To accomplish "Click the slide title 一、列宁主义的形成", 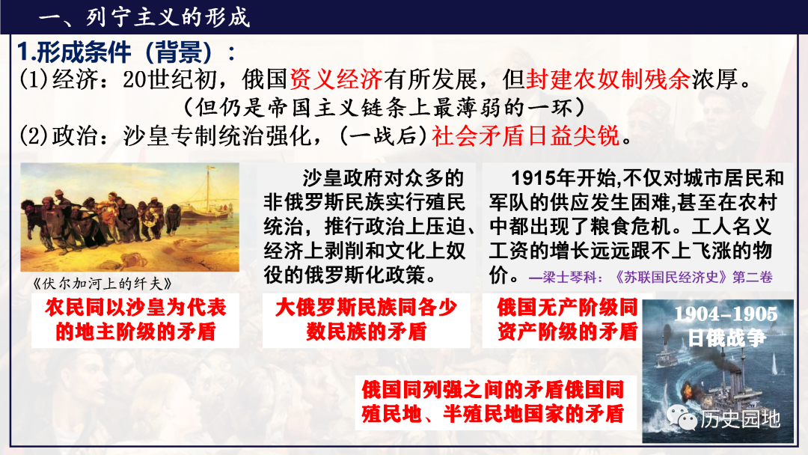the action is tap(144, 17).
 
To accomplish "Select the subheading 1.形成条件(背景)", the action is tap(126, 52).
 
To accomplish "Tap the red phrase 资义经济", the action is tap(335, 79).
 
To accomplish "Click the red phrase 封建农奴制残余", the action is tap(608, 79).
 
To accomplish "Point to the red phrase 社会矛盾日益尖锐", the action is tap(526, 136).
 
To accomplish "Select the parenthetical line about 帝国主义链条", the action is tap(385, 108).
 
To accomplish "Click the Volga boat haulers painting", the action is tap(130, 218).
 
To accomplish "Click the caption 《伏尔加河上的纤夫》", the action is tap(102, 284).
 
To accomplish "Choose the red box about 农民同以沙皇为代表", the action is tap(135, 320).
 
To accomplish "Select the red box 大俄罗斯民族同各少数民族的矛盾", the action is tap(366, 320).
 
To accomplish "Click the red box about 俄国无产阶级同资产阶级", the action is tap(562, 320).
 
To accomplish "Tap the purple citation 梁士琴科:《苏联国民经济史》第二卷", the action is tap(651, 277).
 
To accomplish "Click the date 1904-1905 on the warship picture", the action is tap(726, 314).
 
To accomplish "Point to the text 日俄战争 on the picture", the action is tap(726, 338).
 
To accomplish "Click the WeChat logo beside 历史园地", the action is tap(681, 418).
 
